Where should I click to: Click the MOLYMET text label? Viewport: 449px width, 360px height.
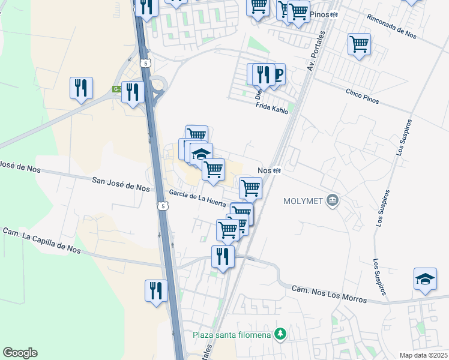pyautogui.click(x=304, y=200)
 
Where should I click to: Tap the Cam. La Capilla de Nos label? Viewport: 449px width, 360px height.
pyautogui.click(x=41, y=239)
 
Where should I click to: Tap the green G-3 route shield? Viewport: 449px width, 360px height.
pyautogui.click(x=117, y=89)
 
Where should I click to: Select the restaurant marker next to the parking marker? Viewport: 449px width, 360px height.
pyautogui.click(x=262, y=75)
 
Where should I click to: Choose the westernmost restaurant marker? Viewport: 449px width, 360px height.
pyautogui.click(x=80, y=89)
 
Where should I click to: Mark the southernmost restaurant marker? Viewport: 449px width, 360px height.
pyautogui.click(x=156, y=291)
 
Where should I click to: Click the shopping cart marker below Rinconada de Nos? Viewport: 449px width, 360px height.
pyautogui.click(x=358, y=44)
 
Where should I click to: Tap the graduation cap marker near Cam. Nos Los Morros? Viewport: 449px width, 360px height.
pyautogui.click(x=424, y=280)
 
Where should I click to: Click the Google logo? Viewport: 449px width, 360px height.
pyautogui.click(x=20, y=353)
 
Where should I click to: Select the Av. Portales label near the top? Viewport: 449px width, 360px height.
pyautogui.click(x=314, y=56)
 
